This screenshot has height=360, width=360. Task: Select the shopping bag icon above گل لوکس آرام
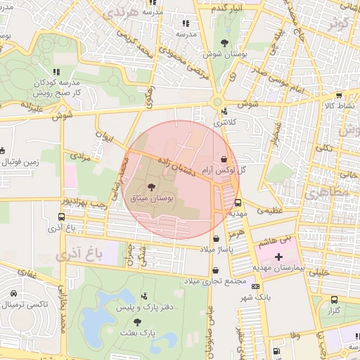pos(224,159)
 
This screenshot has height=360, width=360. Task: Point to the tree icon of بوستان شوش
pos(224,41)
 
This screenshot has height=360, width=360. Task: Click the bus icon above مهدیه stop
pos(237,202)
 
